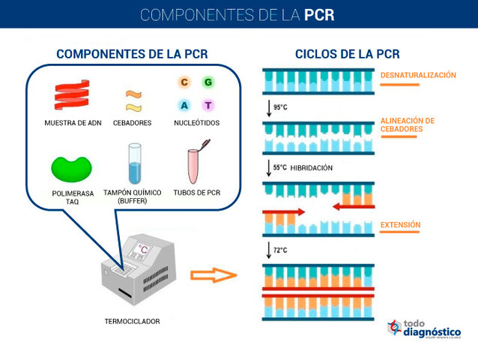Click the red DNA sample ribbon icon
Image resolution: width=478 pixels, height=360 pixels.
point(72,94)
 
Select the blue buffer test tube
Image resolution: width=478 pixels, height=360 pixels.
point(135,165)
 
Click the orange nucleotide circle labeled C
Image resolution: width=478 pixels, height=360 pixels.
point(184,82)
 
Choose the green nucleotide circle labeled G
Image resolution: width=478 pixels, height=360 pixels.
point(208,82)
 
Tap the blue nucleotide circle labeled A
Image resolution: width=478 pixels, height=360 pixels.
point(184,105)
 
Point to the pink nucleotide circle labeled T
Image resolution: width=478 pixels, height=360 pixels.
point(208,105)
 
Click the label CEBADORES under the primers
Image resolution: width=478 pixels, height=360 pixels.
point(133,122)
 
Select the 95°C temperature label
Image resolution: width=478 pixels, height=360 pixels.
point(280,107)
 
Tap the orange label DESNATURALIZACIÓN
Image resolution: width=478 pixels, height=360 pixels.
point(418,75)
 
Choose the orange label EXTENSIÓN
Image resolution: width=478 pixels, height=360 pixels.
point(400,224)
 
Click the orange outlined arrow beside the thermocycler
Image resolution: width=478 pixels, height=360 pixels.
point(213,275)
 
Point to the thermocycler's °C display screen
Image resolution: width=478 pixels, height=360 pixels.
point(142,250)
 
